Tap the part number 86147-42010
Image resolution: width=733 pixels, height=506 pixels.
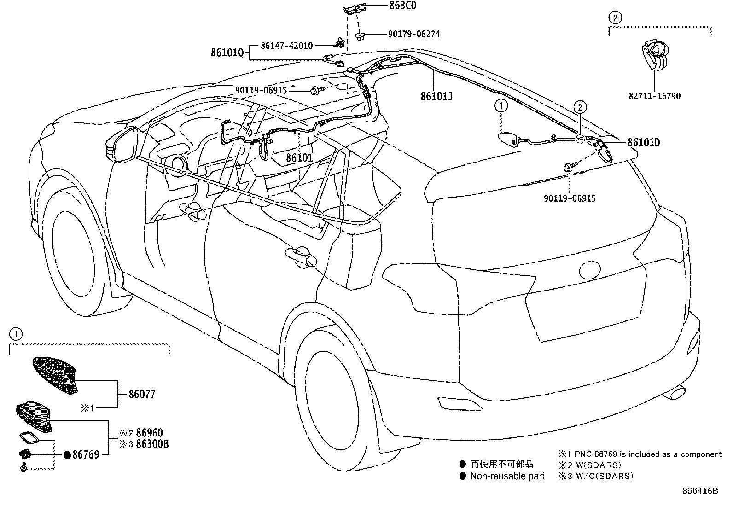286,46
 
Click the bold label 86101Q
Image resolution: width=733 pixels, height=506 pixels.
227,52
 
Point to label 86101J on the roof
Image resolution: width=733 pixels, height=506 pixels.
436,96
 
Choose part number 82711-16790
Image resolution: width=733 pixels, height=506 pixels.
654,96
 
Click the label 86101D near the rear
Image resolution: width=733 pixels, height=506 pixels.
644,143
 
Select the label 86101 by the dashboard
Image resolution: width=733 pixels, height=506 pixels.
299,158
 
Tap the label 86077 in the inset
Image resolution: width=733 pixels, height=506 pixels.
142,394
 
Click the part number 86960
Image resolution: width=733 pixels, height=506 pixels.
149,433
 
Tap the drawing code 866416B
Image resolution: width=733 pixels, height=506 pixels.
700,491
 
